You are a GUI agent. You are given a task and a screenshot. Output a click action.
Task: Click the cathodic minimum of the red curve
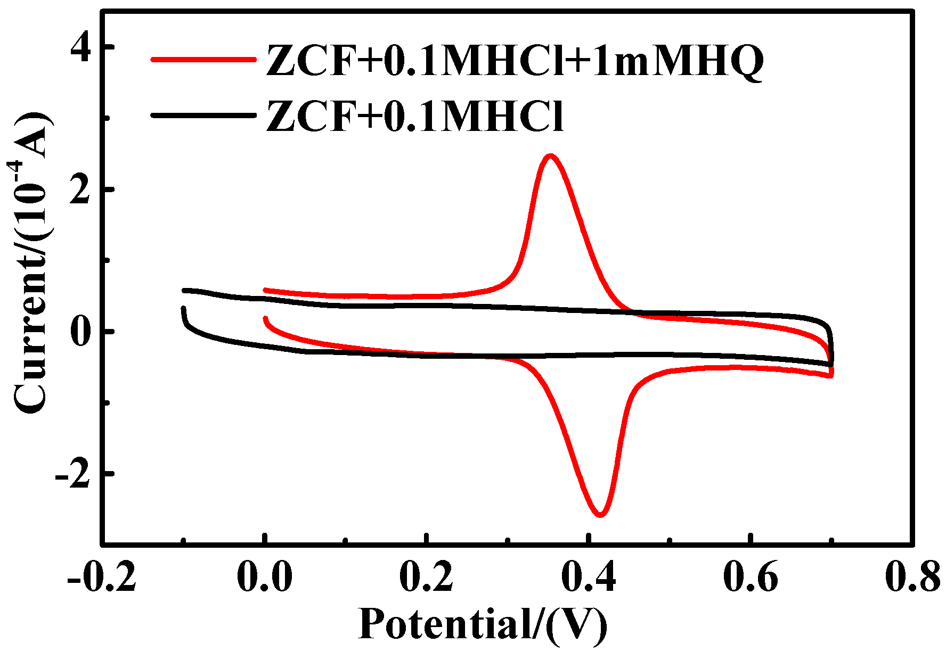pyautogui.click(x=600, y=514)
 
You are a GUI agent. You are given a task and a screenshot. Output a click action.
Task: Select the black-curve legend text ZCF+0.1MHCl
pyautogui.click(x=414, y=116)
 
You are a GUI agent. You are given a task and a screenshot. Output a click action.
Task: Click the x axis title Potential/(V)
pyautogui.click(x=483, y=624)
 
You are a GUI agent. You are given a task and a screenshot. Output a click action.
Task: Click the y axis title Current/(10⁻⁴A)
pyautogui.click(x=32, y=263)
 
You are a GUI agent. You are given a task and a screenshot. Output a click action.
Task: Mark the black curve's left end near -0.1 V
pyautogui.click(x=184, y=309)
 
